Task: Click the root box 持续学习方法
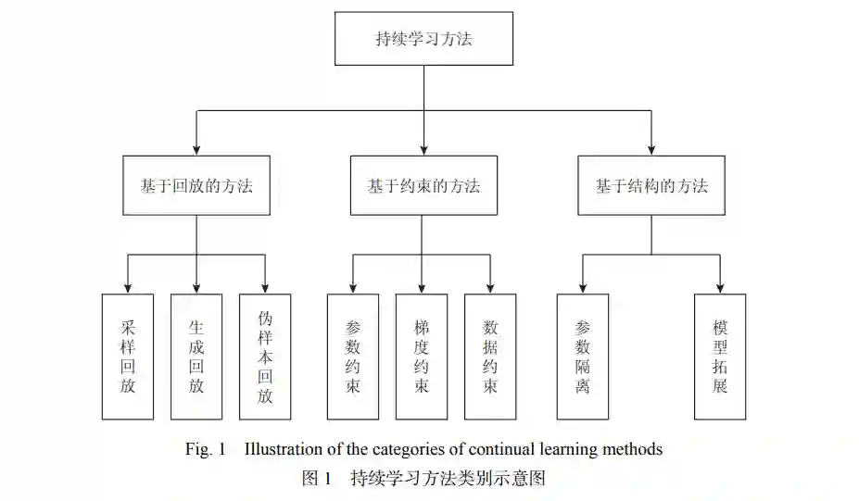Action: click(x=423, y=39)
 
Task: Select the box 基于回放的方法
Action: click(x=196, y=185)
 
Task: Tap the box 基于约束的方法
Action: click(x=423, y=185)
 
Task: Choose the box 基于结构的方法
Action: click(x=651, y=185)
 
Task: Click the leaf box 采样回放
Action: click(x=128, y=357)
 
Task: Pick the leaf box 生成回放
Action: click(x=196, y=357)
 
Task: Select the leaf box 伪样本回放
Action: click(x=265, y=357)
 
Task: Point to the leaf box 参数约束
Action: click(x=353, y=357)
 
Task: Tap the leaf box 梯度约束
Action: click(x=422, y=357)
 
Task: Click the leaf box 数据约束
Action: click(x=490, y=357)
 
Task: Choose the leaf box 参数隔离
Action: click(x=583, y=357)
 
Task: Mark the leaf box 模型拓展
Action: click(x=720, y=357)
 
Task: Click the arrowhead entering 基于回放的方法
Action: click(x=196, y=148)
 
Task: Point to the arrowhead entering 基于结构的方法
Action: click(x=651, y=148)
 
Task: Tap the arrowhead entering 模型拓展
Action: click(x=720, y=287)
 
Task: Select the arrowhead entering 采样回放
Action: click(x=128, y=287)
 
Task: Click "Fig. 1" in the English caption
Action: click(x=206, y=450)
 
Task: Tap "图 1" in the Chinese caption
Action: click(x=317, y=479)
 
